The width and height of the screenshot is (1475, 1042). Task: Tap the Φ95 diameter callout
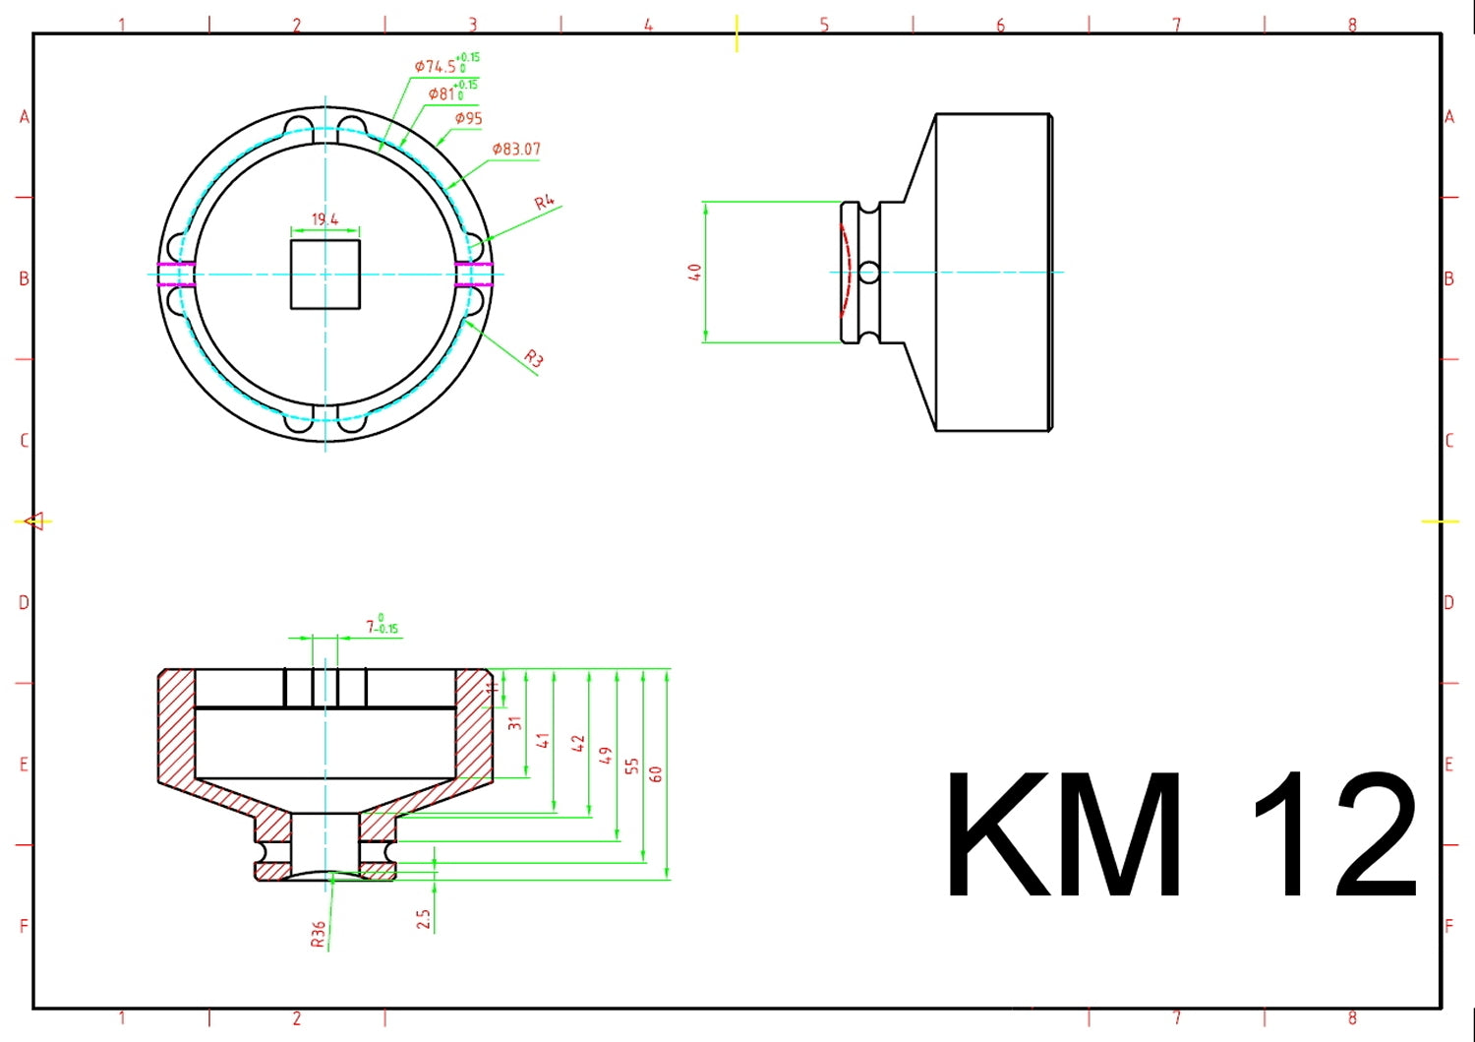(x=468, y=119)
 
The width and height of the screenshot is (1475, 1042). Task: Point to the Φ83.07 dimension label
(x=516, y=150)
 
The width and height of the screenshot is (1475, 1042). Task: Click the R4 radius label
(x=545, y=203)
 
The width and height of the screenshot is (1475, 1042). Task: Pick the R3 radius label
(x=533, y=359)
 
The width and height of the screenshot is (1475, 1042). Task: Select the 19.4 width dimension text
(x=324, y=219)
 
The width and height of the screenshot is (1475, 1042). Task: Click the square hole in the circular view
(x=324, y=274)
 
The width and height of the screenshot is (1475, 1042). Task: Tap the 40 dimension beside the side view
(x=694, y=273)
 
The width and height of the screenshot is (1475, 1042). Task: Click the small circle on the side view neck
(x=868, y=273)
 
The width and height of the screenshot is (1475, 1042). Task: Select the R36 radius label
(x=319, y=935)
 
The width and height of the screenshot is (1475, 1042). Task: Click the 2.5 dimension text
(x=424, y=919)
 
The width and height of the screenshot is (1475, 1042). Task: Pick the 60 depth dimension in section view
(x=656, y=773)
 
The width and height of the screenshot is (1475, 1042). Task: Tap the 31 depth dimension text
(x=514, y=723)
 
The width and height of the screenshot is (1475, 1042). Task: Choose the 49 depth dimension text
(x=605, y=756)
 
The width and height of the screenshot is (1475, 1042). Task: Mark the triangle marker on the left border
(x=35, y=521)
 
